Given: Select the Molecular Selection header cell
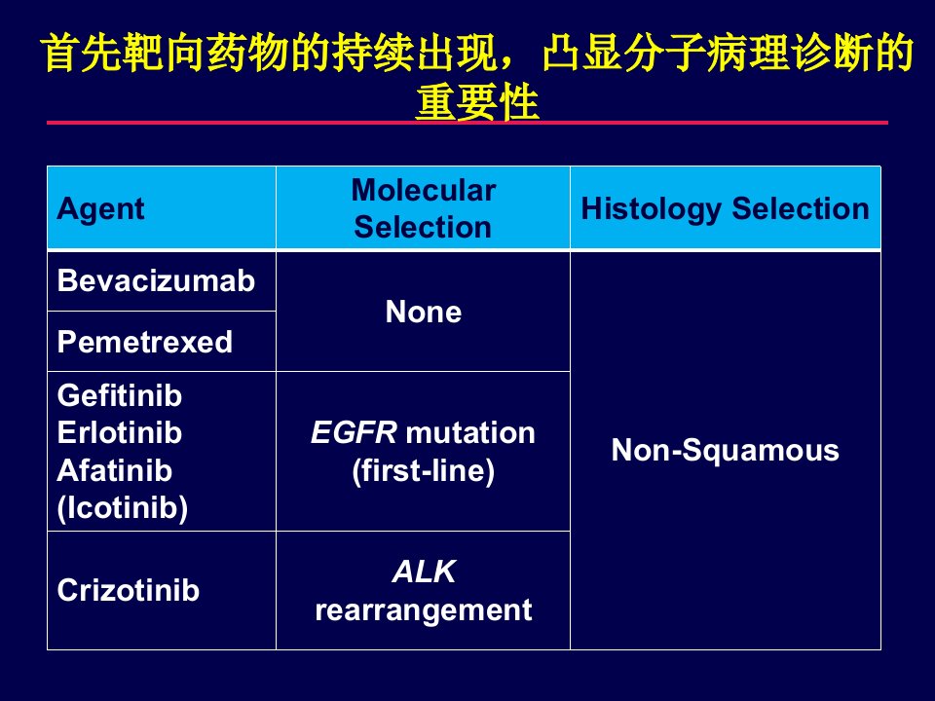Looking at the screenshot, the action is (424, 208).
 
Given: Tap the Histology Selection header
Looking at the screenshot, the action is (725, 209).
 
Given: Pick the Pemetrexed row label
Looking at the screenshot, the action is (145, 342).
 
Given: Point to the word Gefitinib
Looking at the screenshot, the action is (120, 396).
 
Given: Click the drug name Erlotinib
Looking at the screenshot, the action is (120, 432).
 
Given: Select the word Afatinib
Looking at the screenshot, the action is (115, 470).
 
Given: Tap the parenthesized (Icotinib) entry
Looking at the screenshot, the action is (123, 508).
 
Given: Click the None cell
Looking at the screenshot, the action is (424, 312).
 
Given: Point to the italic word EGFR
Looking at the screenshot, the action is (355, 432).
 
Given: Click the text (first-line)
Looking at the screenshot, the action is (424, 471).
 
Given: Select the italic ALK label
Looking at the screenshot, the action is (424, 572).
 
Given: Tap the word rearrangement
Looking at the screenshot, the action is (424, 610).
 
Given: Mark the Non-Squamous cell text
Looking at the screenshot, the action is (725, 450).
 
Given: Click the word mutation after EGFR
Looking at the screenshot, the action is (469, 432).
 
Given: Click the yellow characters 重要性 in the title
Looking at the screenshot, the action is (477, 102).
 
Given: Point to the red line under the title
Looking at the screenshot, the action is (467, 123).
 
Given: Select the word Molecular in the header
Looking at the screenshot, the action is (424, 190).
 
